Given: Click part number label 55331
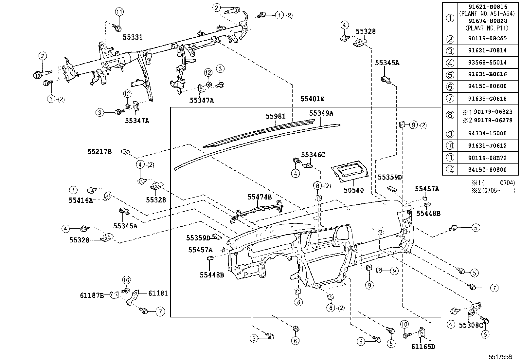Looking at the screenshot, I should [133, 37].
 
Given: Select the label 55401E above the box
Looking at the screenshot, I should [313, 99].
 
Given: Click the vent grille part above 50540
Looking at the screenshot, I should [350, 170].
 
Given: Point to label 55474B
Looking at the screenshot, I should [260, 197].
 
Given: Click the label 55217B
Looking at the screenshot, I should [99, 152].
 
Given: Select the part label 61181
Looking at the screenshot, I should [158, 293].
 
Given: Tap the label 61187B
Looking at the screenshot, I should [92, 295].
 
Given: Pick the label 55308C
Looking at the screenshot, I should [471, 325].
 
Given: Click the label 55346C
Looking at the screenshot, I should [313, 155].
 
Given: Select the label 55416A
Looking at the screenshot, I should [81, 200].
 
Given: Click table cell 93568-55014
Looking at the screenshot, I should [482, 62].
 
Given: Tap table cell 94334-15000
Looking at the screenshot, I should [482, 133].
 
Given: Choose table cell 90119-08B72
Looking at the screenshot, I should [482, 158].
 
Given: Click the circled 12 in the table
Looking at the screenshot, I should [450, 170].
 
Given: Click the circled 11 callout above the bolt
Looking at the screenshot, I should [119, 12].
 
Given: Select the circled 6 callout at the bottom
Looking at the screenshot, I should [295, 341].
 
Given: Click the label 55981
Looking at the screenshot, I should [276, 116].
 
